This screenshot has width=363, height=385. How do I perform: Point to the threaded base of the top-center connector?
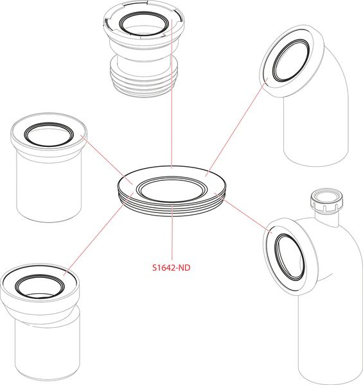point(145,80)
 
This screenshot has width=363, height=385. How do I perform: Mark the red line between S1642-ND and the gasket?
point(172,237)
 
